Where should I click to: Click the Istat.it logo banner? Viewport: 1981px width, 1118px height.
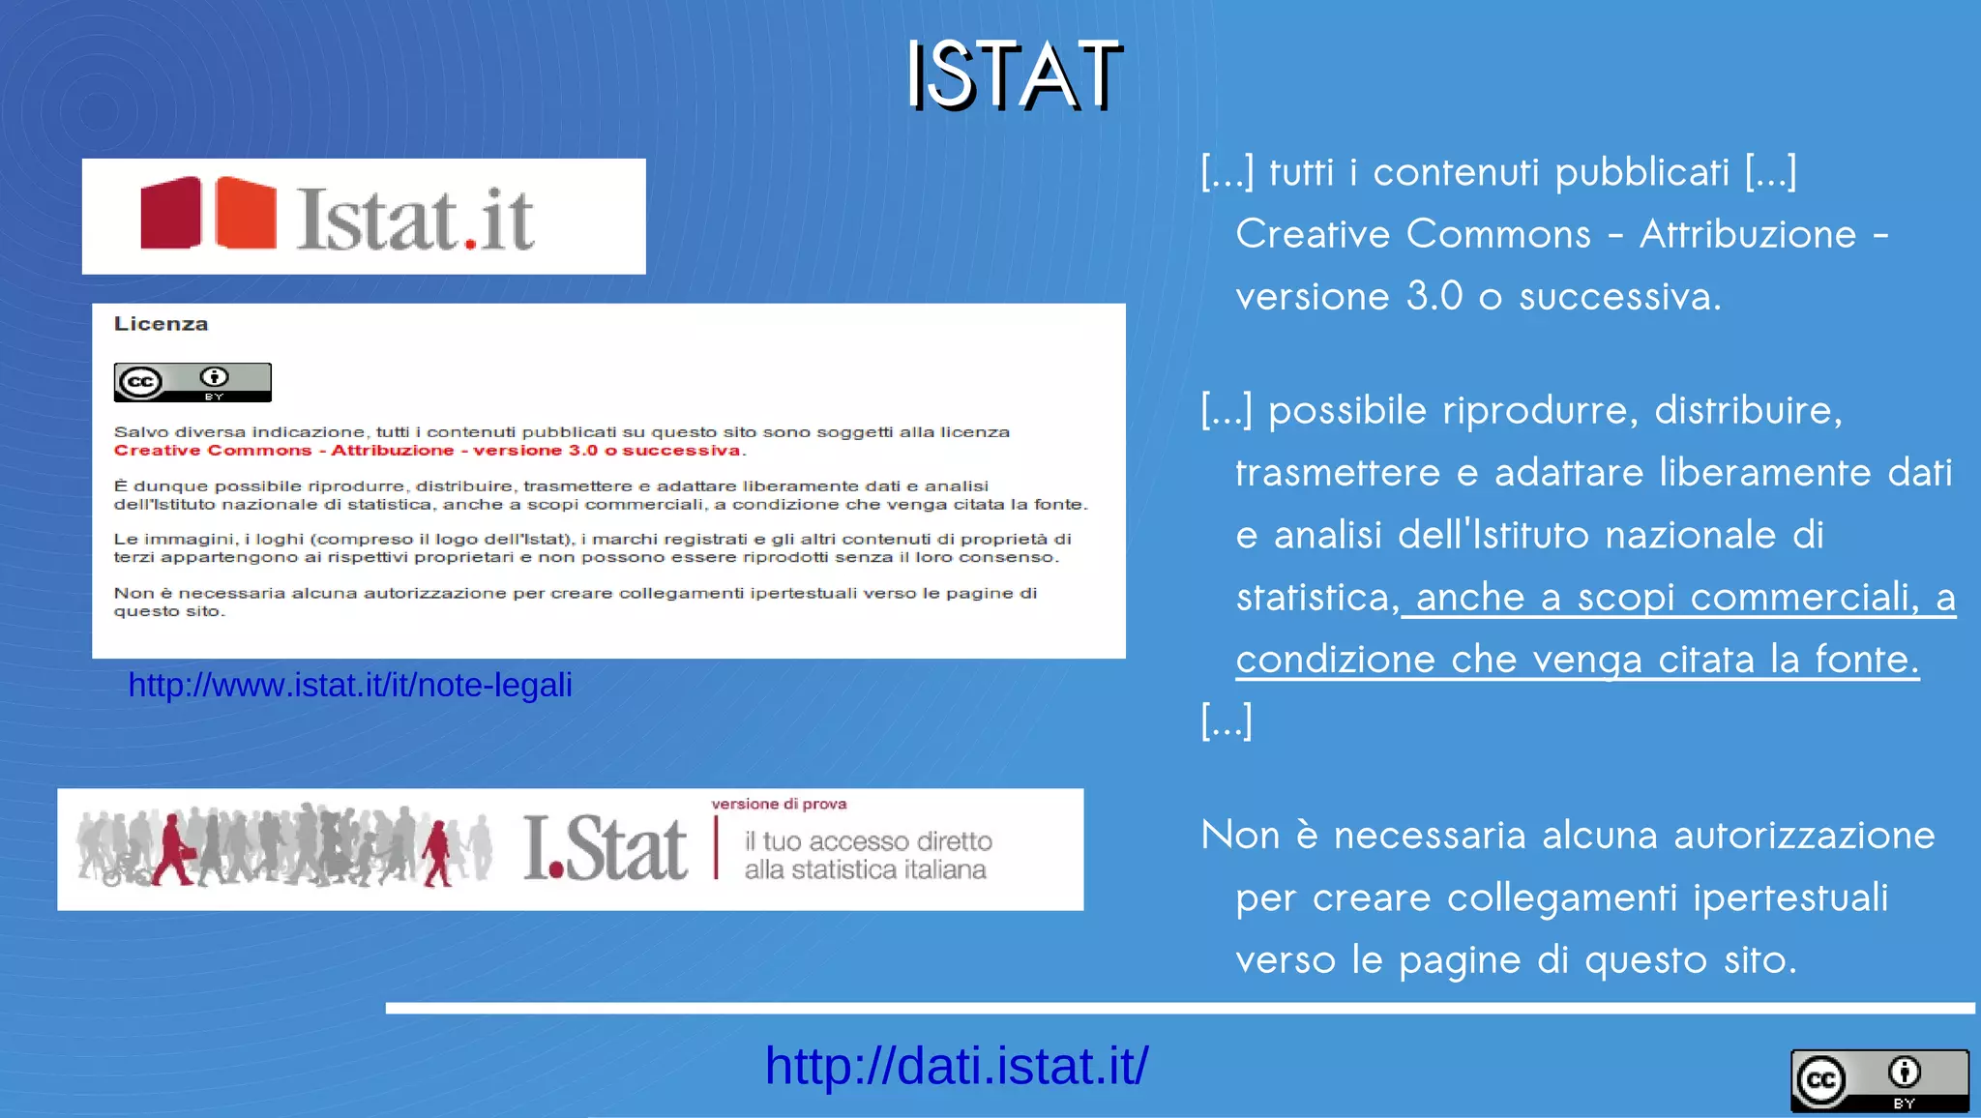(364, 217)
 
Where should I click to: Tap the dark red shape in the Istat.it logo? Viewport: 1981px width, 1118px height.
(171, 213)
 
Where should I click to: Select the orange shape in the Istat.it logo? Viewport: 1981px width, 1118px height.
(245, 213)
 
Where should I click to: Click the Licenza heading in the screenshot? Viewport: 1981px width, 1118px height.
(161, 324)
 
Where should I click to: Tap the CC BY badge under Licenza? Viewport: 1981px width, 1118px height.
(192, 383)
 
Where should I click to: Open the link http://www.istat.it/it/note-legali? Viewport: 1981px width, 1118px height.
(350, 685)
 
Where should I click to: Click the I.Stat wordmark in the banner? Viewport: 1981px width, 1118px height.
(606, 848)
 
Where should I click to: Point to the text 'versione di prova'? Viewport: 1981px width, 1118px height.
(779, 804)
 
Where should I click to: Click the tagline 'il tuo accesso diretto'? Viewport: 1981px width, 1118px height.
(868, 840)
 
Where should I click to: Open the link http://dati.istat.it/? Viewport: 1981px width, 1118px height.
(956, 1066)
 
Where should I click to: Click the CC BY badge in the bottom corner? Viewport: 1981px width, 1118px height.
(1879, 1080)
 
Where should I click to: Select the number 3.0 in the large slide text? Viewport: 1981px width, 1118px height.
(1434, 296)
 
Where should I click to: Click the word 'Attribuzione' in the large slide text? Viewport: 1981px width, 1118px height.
(1748, 234)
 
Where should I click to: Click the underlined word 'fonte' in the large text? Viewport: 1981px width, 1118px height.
(1866, 660)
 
